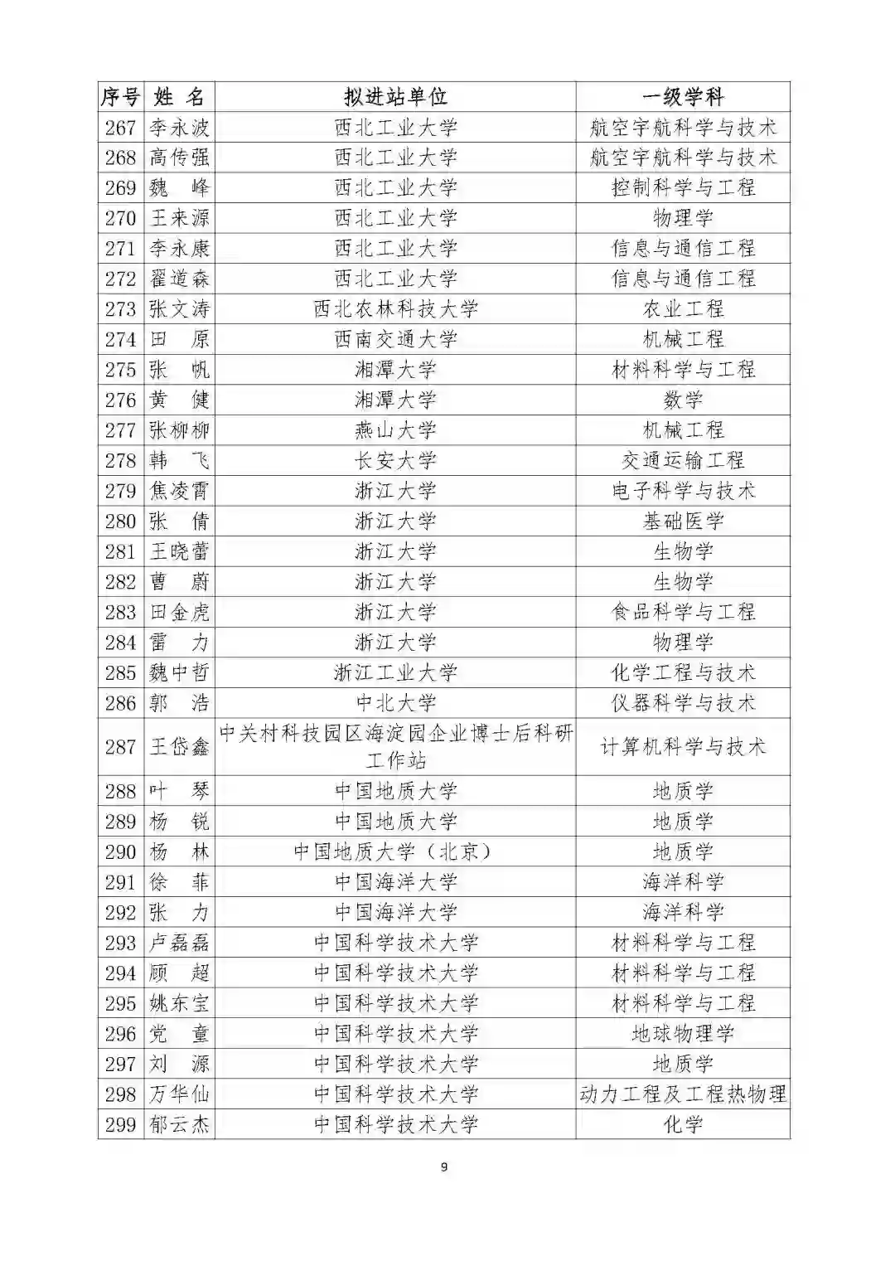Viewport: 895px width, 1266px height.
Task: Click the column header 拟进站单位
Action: pos(395,97)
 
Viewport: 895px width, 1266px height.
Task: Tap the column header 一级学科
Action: pos(683,97)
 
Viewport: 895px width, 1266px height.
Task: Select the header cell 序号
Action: pos(121,97)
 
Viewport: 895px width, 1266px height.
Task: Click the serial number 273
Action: pos(121,309)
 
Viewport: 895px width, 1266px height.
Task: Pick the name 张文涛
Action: pos(179,309)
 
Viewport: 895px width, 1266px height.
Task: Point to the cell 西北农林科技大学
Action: pos(395,309)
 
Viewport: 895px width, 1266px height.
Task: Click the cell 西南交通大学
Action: pos(395,339)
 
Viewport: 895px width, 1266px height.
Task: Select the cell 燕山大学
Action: pos(395,430)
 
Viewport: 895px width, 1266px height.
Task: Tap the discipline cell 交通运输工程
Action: pos(683,460)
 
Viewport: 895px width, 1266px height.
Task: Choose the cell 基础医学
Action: pos(683,521)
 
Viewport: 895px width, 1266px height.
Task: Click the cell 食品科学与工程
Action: pos(683,612)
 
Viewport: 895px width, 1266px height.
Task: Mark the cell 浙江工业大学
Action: pos(395,672)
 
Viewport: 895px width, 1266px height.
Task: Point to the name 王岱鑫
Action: pos(179,747)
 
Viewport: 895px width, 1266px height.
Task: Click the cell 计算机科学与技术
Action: pos(683,747)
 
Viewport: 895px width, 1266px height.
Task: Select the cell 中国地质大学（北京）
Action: pos(395,851)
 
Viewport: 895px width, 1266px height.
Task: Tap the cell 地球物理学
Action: pos(683,1034)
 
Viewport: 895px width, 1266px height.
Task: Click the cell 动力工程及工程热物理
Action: pos(683,1094)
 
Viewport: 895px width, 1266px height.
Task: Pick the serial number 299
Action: pos(121,1125)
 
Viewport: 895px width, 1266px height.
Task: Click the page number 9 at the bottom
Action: pos(444,1167)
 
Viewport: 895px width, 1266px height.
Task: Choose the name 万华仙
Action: pos(179,1094)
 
